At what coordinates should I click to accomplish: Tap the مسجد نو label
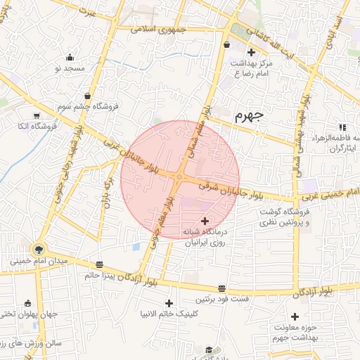click(x=70, y=68)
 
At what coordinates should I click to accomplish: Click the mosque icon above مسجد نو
click(x=69, y=58)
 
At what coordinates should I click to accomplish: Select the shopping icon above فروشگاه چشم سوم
click(x=86, y=96)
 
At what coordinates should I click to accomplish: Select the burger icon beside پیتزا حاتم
click(x=99, y=265)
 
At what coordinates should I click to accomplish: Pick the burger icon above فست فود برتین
click(x=222, y=288)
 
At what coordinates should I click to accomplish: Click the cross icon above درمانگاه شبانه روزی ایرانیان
click(x=205, y=221)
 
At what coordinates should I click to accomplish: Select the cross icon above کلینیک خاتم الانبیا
click(x=169, y=302)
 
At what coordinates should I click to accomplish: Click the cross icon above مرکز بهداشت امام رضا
click(x=251, y=52)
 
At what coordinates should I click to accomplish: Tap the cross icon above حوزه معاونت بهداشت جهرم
click(x=295, y=317)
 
